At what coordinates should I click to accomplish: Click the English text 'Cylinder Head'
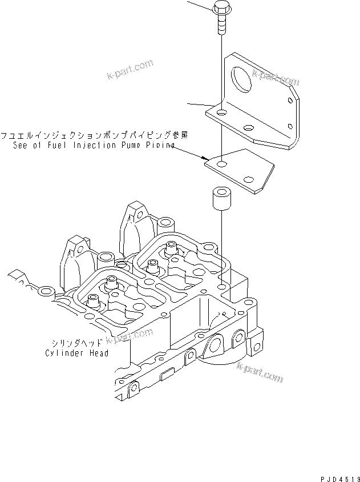tap(77, 353)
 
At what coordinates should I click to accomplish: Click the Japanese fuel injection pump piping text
tap(94, 136)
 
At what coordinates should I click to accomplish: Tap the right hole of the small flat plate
tap(249, 179)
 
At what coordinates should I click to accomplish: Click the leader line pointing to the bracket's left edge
tap(197, 104)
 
